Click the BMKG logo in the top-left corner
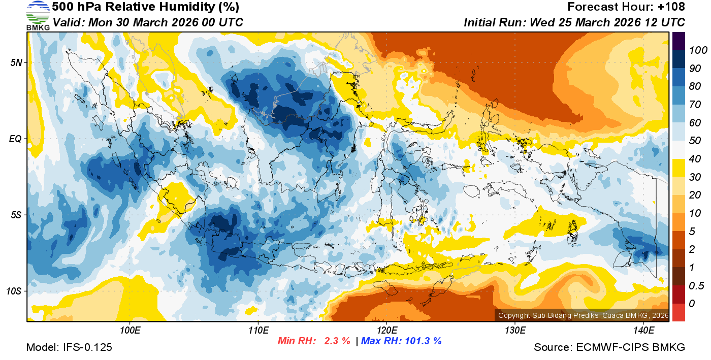click(x=38, y=15)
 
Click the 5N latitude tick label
click(x=16, y=62)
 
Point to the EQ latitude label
click(x=16, y=139)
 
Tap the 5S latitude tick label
click(x=16, y=215)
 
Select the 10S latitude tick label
click(x=14, y=291)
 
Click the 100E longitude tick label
click(x=130, y=331)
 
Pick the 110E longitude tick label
click(x=258, y=331)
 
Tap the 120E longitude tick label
click(x=386, y=331)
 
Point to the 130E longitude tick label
click(x=514, y=331)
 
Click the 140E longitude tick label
click(x=643, y=331)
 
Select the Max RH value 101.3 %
click(x=421, y=341)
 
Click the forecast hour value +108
click(x=672, y=7)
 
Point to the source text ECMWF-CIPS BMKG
click(x=630, y=347)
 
